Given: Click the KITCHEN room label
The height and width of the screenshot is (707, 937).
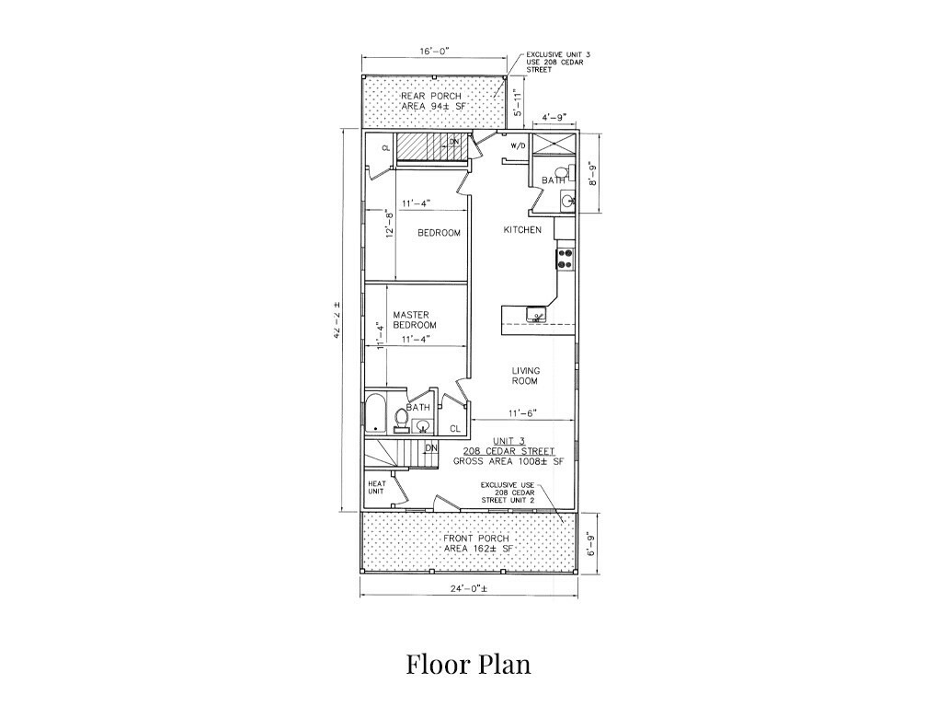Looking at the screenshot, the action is click(x=522, y=230).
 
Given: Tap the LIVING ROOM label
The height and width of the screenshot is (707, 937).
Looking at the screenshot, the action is click(x=525, y=376).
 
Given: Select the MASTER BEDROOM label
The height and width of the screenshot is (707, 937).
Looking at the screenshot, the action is click(x=414, y=320).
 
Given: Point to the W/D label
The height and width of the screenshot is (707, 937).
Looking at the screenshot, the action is click(x=518, y=146).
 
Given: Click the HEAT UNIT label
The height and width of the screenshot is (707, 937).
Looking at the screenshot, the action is click(x=376, y=488).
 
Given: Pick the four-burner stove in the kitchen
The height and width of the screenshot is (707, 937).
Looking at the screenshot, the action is click(x=565, y=258).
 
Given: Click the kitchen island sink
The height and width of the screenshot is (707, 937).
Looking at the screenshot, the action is click(x=535, y=314).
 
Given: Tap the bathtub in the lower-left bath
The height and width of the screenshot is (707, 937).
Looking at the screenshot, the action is click(x=376, y=413).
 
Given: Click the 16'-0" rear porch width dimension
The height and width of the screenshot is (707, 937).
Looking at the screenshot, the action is click(x=433, y=52).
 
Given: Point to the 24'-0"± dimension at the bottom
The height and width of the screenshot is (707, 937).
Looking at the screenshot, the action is click(x=470, y=588).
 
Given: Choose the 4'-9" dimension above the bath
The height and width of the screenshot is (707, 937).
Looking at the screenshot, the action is click(x=554, y=116).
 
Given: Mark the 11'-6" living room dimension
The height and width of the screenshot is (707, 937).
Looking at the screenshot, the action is click(x=523, y=412).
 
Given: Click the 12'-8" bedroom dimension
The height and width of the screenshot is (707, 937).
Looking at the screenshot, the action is click(x=390, y=223).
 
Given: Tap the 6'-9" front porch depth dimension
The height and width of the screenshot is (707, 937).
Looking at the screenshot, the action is click(x=590, y=544).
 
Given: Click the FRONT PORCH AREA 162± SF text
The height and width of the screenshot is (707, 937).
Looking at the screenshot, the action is click(x=476, y=543).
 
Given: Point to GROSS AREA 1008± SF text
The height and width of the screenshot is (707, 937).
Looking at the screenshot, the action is click(x=508, y=461).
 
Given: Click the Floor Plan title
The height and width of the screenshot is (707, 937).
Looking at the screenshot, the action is click(x=469, y=665).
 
